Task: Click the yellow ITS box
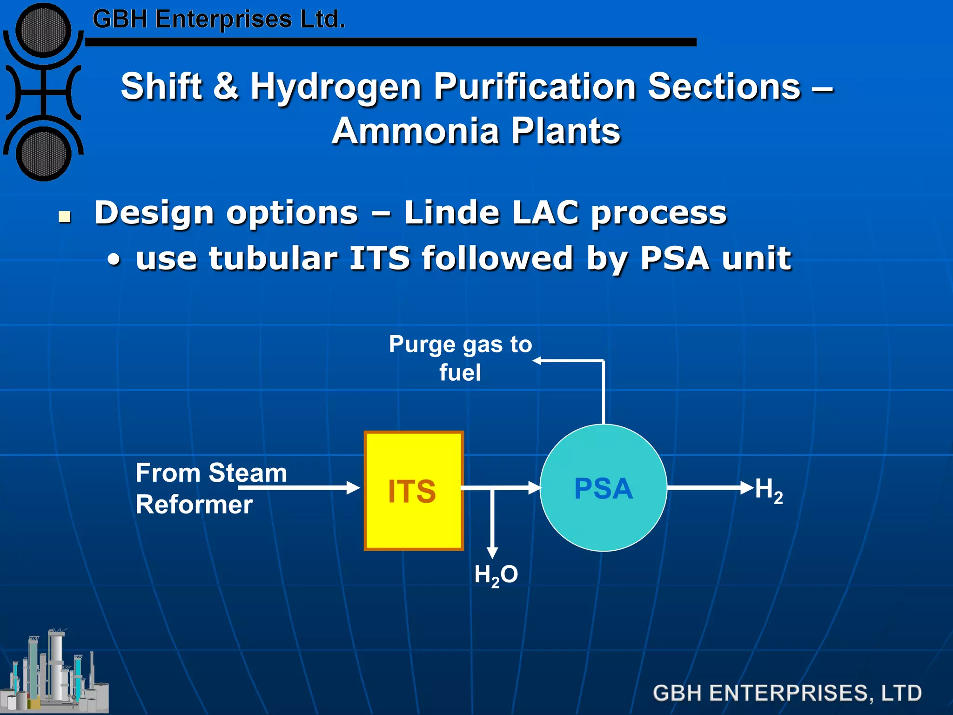[413, 491]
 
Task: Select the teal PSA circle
[604, 488]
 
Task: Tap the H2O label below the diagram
[496, 575]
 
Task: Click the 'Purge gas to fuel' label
[460, 358]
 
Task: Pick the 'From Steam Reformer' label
[211, 488]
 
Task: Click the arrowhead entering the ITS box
[354, 488]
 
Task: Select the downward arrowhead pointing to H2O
[492, 553]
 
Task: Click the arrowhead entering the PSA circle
[535, 488]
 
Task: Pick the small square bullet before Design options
[65, 216]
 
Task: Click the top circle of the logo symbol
[43, 30]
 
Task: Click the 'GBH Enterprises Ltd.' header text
[219, 20]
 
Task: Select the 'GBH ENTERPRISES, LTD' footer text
[787, 693]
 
